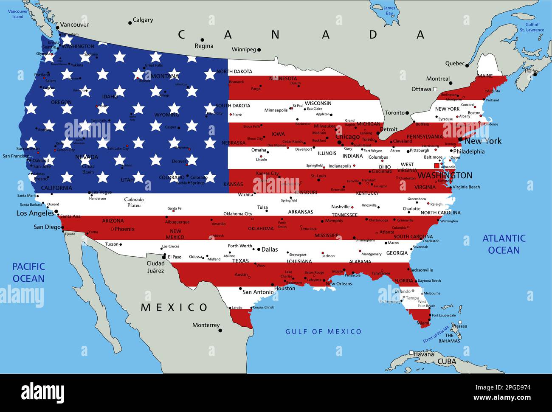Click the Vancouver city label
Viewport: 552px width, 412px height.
(74, 25)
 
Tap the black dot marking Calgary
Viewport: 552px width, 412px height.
(130, 23)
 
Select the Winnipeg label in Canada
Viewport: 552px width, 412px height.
(244, 50)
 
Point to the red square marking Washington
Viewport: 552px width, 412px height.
(437, 166)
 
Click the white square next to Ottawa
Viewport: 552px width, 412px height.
(435, 89)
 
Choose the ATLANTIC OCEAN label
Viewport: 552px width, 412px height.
(504, 244)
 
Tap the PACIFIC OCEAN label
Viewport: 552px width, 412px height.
(28, 272)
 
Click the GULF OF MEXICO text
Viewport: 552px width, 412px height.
(323, 331)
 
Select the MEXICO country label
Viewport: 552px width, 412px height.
(174, 307)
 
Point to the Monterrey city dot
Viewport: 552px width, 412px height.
(220, 330)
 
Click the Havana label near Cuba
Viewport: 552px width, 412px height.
(424, 354)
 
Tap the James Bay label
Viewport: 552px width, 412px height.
(389, 11)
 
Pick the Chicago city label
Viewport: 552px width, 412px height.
(347, 137)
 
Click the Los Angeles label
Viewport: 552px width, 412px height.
(35, 213)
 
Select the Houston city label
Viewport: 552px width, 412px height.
(284, 289)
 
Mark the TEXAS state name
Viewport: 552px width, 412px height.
(240, 261)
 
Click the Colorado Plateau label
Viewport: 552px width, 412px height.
(134, 202)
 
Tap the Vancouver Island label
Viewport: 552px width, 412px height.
(17, 14)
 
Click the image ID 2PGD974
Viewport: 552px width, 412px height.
(513, 387)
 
